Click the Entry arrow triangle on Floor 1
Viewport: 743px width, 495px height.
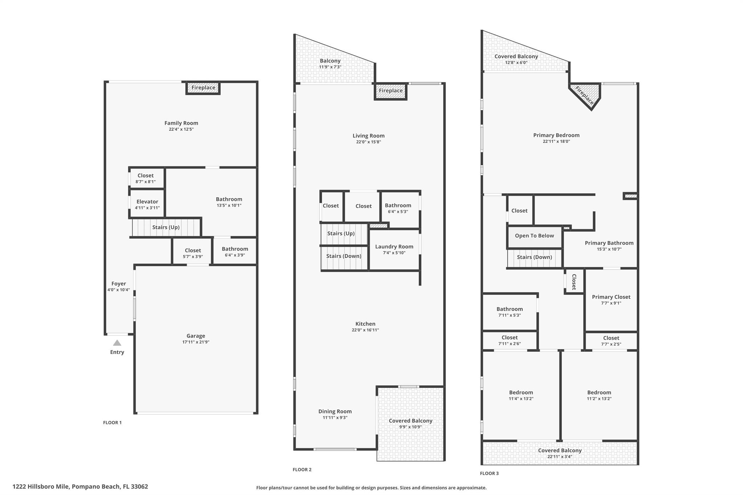[x=117, y=343]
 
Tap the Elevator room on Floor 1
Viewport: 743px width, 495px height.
[x=147, y=204]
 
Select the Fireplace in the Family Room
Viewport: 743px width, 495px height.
[x=203, y=88]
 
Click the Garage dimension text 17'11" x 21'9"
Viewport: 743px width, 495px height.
[x=196, y=342]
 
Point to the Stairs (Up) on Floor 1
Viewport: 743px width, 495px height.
[x=166, y=227]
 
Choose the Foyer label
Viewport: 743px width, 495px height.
[x=119, y=284]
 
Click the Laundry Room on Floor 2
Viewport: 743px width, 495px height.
[x=394, y=249]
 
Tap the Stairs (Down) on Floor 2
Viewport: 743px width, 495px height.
[x=344, y=256]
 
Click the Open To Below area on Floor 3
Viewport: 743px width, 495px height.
[x=534, y=236]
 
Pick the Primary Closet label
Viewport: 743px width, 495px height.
[x=611, y=297]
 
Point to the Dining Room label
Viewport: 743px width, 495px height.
[x=335, y=411]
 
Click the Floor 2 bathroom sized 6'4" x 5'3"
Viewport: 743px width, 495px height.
[x=398, y=208]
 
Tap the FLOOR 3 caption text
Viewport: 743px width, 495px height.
[x=489, y=473]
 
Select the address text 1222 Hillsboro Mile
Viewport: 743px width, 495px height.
[x=80, y=487]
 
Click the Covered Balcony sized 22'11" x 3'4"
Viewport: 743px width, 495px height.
[x=559, y=453]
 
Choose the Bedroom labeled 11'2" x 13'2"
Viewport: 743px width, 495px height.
[x=599, y=395]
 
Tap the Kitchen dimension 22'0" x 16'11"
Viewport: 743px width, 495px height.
[x=365, y=330]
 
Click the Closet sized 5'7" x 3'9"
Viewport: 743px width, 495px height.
[x=193, y=253]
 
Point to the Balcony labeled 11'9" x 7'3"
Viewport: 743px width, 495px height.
[x=330, y=63]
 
